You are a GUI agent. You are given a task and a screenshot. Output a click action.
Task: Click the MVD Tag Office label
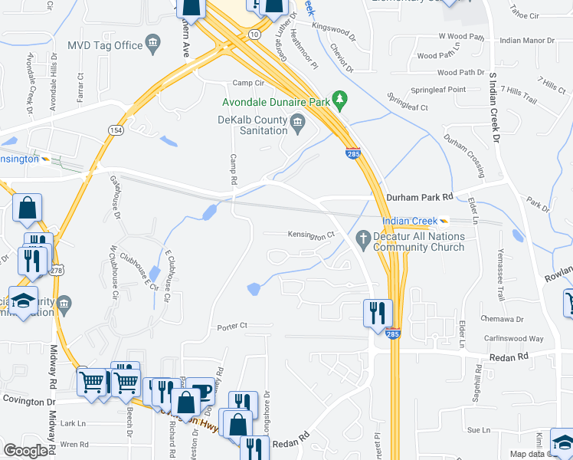pyautogui.click(x=106, y=45)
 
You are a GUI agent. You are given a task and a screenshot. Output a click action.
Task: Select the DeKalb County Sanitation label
pyautogui.click(x=253, y=126)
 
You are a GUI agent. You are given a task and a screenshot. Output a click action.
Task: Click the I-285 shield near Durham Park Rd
pyautogui.click(x=353, y=153)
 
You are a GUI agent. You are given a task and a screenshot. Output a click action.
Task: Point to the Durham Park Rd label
pyautogui.click(x=421, y=197)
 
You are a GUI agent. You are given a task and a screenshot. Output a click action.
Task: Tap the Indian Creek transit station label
pyautogui.click(x=410, y=221)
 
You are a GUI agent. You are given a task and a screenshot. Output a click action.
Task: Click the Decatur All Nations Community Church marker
pyautogui.click(x=363, y=236)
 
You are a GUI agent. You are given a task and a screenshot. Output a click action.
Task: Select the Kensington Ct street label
pyautogui.click(x=312, y=235)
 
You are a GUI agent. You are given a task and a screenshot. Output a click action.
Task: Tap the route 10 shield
pyautogui.click(x=254, y=34)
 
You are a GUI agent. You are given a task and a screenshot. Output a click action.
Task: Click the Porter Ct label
pyautogui.click(x=232, y=326)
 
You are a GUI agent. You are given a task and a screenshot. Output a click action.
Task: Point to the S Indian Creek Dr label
pyautogui.click(x=494, y=107)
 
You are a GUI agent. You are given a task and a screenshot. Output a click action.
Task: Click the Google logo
pyautogui.click(x=25, y=450)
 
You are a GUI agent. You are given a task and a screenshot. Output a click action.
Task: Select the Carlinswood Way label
pyautogui.click(x=513, y=338)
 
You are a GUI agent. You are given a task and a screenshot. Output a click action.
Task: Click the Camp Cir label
pyautogui.click(x=248, y=83)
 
